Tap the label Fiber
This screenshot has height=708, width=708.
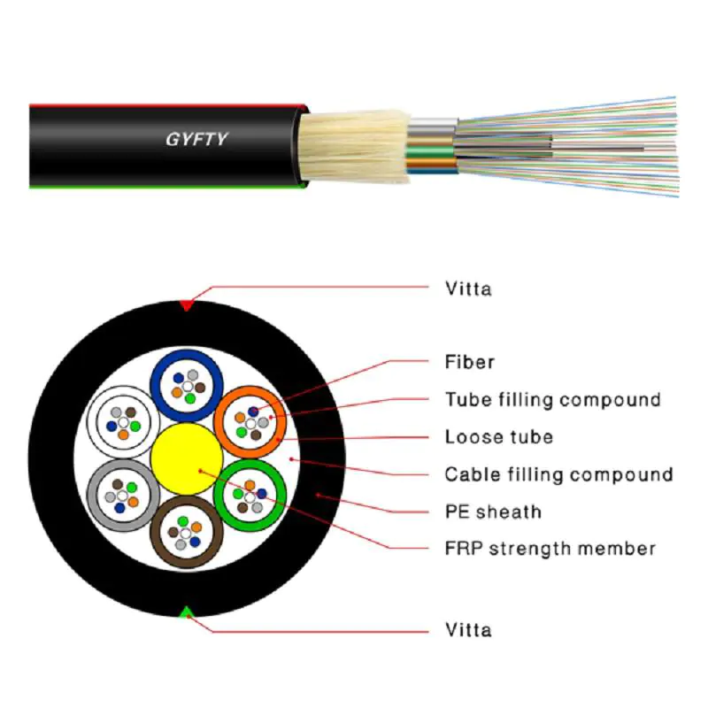[469, 362]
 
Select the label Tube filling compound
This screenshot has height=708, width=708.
[552, 400]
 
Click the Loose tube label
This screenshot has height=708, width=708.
[498, 437]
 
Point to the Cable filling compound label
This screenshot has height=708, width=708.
[558, 474]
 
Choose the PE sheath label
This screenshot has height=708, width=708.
[493, 512]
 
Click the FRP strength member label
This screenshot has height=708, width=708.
[550, 549]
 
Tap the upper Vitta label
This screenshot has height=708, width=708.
[468, 289]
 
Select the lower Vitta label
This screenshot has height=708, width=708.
[468, 630]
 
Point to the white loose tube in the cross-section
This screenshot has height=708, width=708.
[121, 420]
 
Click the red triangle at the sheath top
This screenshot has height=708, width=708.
[186, 305]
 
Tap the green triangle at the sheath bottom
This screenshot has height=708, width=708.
[187, 612]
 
